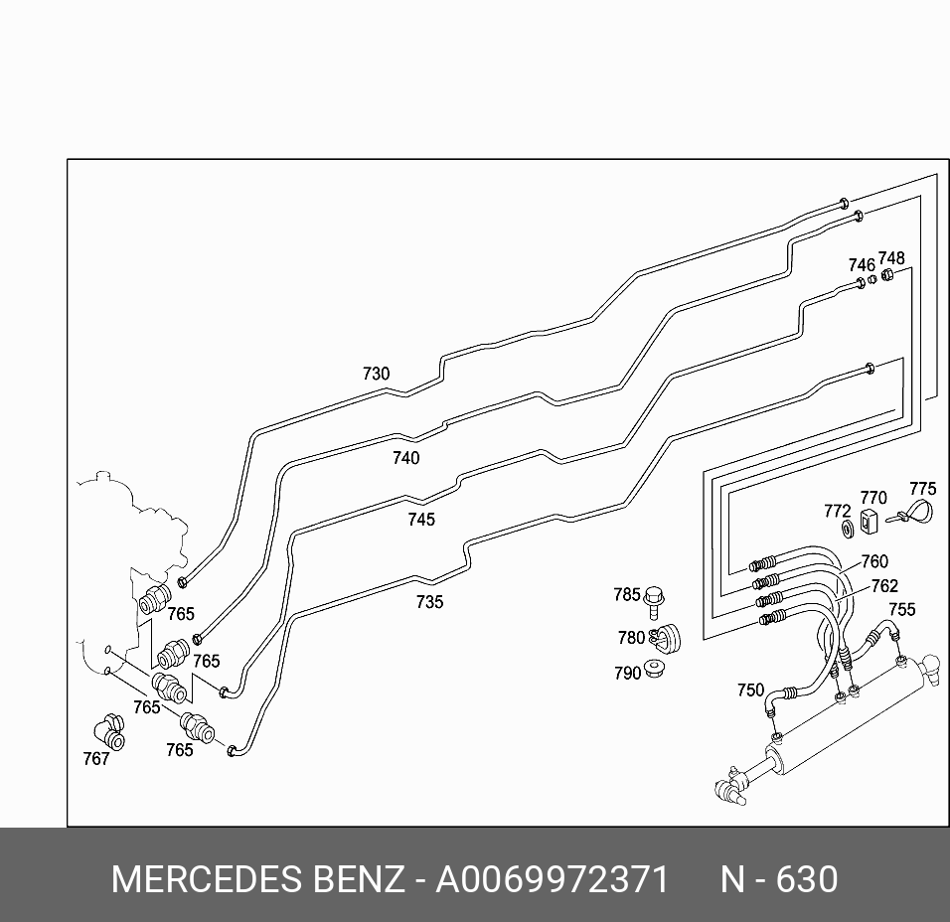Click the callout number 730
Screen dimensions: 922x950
click(x=376, y=375)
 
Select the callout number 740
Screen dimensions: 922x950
click(x=405, y=458)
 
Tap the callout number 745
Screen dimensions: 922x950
click(x=420, y=520)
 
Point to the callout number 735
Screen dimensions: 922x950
click(x=429, y=602)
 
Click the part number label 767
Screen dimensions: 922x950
click(x=95, y=760)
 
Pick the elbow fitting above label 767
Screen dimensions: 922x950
click(x=108, y=732)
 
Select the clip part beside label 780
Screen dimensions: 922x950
click(x=663, y=637)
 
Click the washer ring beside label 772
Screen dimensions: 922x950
click(x=848, y=528)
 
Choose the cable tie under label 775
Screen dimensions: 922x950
click(x=912, y=514)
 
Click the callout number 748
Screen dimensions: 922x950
click(x=891, y=259)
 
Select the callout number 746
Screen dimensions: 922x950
click(x=861, y=265)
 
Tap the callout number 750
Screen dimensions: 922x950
click(x=750, y=691)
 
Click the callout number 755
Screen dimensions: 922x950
click(x=902, y=610)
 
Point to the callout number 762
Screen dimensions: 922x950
click(x=884, y=586)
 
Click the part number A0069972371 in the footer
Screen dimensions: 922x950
click(x=553, y=880)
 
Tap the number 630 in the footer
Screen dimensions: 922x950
click(x=806, y=880)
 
